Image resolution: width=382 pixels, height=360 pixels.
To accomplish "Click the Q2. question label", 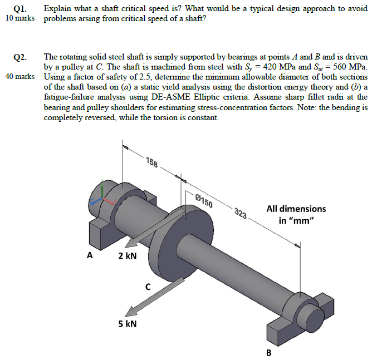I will click(x=21, y=57).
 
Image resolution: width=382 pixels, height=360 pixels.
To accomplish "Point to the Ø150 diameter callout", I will click(x=204, y=200).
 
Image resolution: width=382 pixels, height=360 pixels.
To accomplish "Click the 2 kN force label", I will click(x=128, y=256).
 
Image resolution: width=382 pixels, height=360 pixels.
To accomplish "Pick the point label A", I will click(x=89, y=256).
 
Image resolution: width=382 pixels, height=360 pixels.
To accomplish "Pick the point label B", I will click(x=268, y=352).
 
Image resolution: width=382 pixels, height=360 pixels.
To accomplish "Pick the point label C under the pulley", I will click(x=148, y=288).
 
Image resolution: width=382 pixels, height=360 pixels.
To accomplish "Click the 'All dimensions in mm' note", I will click(x=296, y=214).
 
